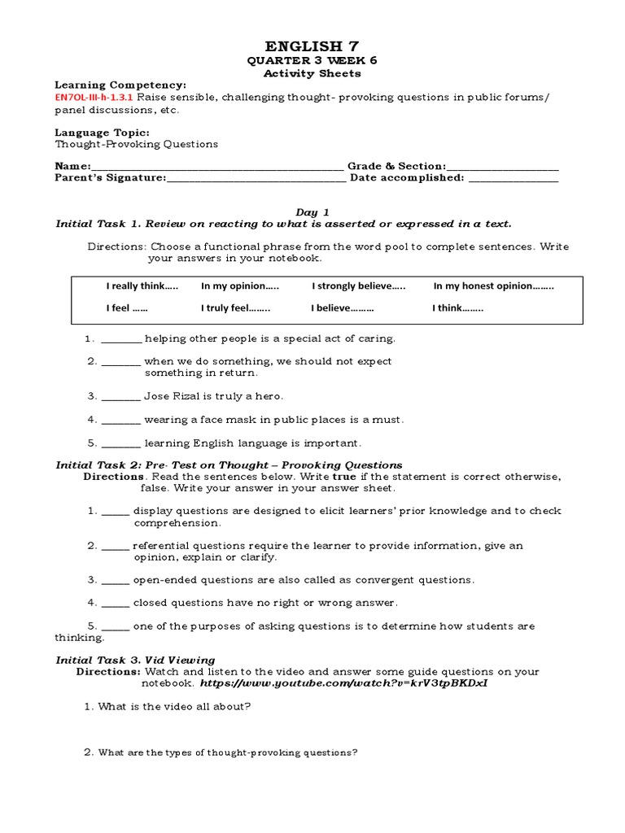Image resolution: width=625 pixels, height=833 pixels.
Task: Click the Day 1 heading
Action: tap(312, 212)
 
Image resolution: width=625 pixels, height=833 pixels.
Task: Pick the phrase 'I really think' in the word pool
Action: tap(142, 286)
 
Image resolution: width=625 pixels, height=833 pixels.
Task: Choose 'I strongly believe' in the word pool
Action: tap(358, 286)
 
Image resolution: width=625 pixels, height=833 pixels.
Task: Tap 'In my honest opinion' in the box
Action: tap(493, 286)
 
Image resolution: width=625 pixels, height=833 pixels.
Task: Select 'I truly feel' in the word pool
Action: tap(235, 309)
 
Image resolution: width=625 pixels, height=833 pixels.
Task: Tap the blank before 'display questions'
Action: tap(116, 512)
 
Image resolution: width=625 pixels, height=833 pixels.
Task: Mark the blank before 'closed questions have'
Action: tap(116, 604)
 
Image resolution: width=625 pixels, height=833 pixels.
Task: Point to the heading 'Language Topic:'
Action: tap(102, 132)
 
